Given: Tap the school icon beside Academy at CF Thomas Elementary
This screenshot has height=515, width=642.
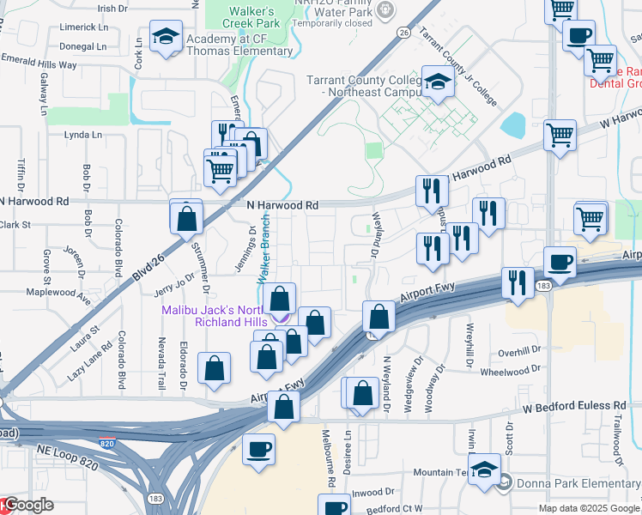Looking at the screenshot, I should click(x=166, y=37).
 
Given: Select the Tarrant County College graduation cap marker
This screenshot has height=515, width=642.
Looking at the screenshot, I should click(x=438, y=83).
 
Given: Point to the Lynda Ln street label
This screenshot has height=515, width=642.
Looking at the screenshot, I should click(x=83, y=135).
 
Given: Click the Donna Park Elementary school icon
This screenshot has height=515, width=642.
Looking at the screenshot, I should click(x=485, y=470).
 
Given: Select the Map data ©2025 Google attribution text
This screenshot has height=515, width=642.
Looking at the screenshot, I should click(x=590, y=508).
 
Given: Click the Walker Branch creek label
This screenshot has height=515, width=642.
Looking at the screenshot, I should click(x=265, y=244).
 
